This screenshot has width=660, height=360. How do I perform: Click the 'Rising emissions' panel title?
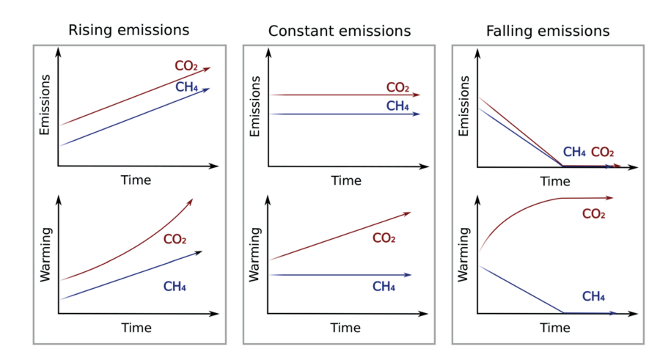point(128,30)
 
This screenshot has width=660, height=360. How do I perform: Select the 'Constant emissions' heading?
point(340,31)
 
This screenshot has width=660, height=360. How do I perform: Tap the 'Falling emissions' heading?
point(548,31)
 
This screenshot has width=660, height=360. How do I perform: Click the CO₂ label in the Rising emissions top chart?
point(186,66)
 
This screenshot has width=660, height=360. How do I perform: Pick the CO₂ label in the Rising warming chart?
point(175,239)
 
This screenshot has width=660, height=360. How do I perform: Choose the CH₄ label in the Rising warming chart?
point(175,287)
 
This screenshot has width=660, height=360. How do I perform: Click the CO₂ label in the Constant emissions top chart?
point(397,88)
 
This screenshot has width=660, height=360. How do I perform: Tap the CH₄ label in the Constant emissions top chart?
point(397,106)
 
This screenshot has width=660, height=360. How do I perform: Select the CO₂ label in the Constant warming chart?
point(384,238)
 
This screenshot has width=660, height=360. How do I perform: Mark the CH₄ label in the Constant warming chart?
point(384,286)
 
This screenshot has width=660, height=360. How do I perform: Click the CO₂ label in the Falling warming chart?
point(593,214)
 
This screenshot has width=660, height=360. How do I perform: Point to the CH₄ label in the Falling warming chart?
point(593,296)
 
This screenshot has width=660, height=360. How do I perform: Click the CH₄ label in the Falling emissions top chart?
point(574,153)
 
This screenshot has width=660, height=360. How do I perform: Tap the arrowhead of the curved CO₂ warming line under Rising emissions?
point(191,201)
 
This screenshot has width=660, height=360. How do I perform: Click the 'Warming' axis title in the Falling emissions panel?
point(463,255)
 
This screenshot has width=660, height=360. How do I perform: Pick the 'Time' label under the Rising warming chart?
point(136,327)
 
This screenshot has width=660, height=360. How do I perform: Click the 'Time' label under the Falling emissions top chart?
point(555,181)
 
